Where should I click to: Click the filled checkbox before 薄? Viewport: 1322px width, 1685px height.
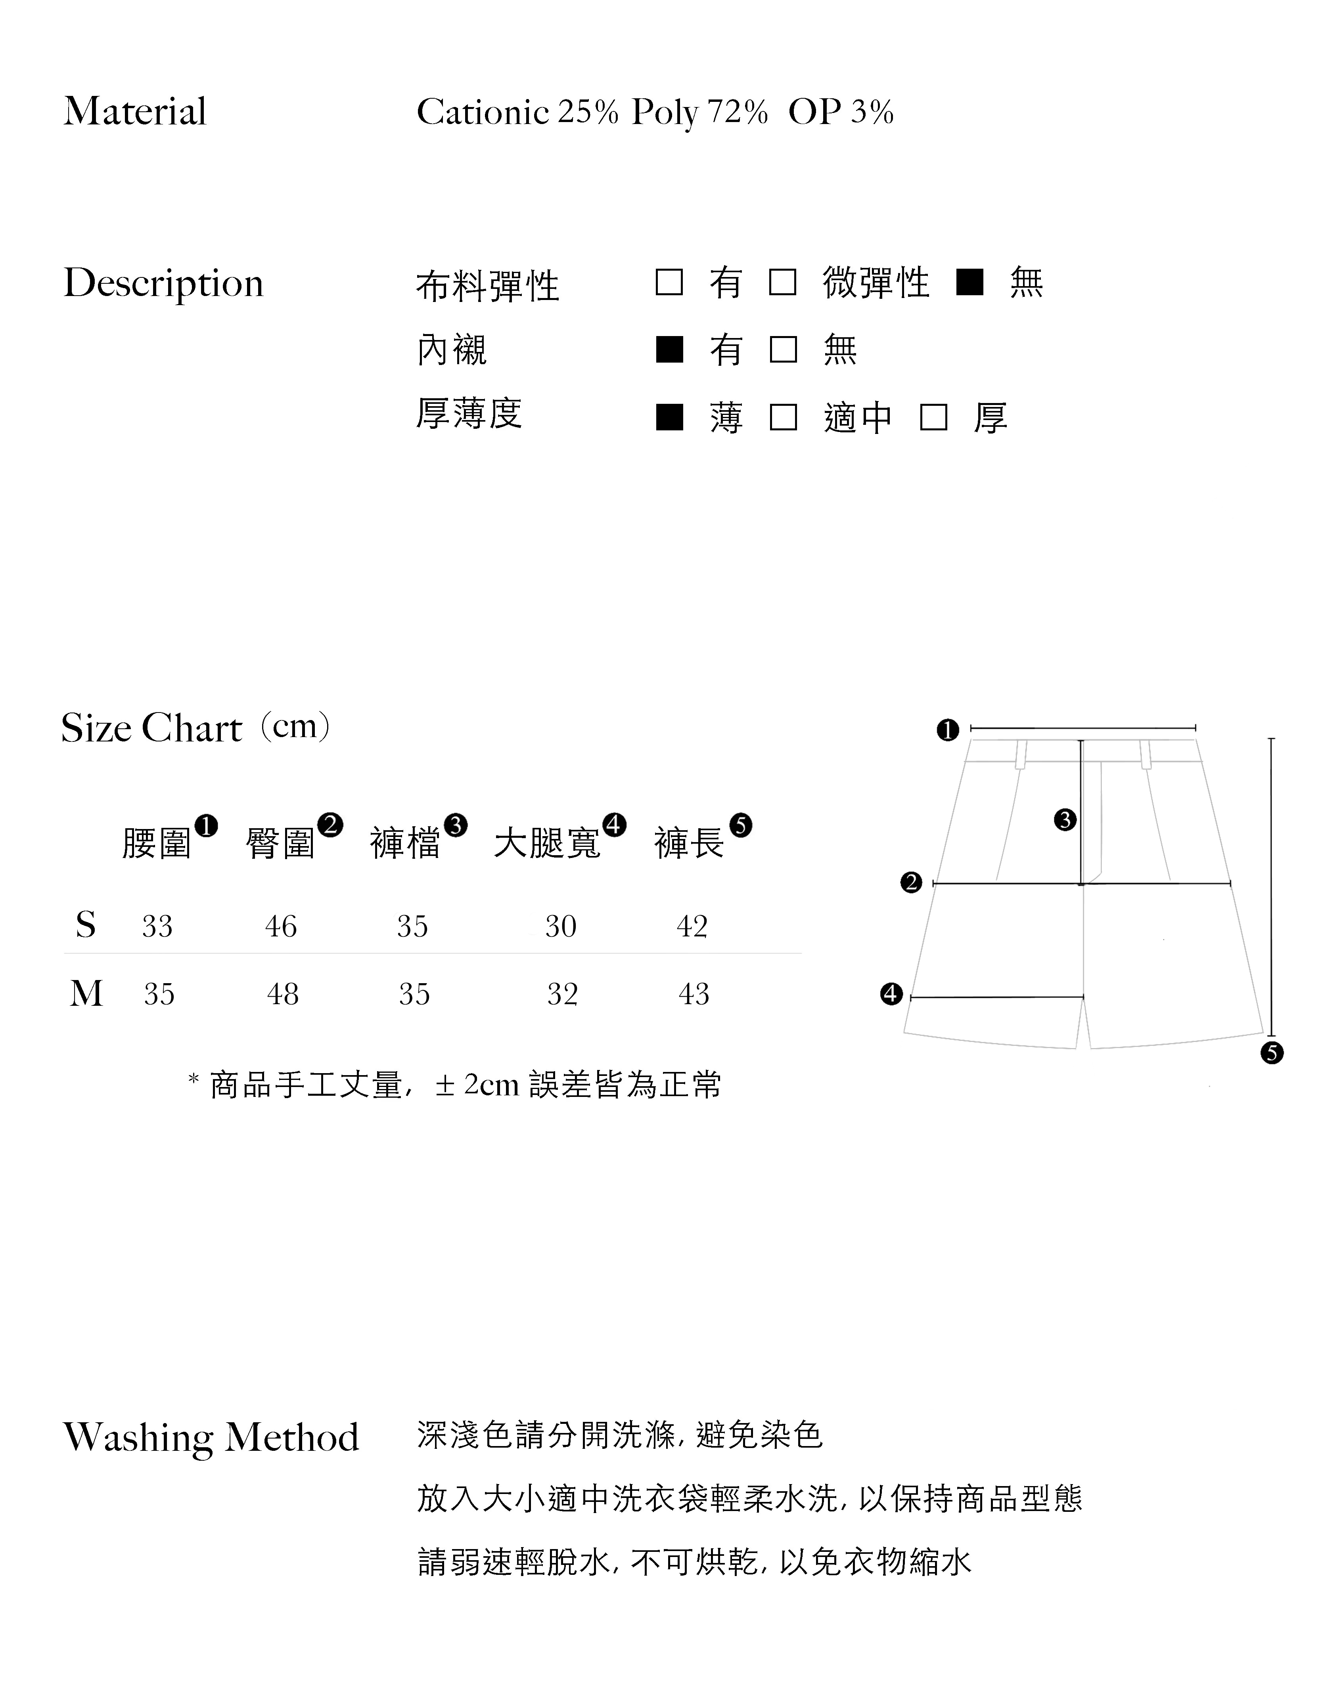(669, 418)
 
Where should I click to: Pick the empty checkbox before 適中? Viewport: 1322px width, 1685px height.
(783, 418)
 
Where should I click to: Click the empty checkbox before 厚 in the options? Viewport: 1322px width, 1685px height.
(933, 418)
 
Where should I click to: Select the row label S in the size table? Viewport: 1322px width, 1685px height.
(86, 925)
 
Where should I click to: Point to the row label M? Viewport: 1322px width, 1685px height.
(86, 993)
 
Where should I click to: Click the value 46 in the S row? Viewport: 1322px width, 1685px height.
(281, 926)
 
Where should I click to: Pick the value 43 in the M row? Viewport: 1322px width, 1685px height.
(694, 994)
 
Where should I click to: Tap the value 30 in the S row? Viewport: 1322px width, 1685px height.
(560, 926)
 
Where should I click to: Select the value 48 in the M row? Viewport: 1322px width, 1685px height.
(282, 994)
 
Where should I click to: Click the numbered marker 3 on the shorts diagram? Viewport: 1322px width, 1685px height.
(1065, 820)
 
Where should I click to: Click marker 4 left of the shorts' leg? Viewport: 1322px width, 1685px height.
(892, 994)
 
